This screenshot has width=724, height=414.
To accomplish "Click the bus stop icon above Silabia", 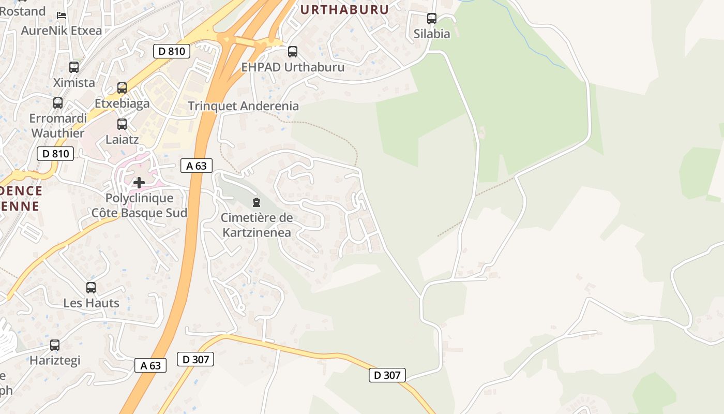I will (x=432, y=19).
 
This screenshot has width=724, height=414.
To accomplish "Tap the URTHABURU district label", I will (x=344, y=9).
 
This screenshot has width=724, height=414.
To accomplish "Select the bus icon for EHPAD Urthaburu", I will (x=293, y=52).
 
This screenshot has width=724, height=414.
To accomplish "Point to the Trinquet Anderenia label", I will (x=243, y=106).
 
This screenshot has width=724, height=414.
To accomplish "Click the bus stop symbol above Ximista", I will (x=74, y=67).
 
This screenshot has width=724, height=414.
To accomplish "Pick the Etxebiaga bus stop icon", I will (x=122, y=88).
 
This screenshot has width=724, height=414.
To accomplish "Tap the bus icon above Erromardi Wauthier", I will (x=58, y=103).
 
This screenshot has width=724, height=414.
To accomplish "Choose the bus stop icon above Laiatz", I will (x=122, y=124).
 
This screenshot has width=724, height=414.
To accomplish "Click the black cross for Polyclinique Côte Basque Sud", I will (x=139, y=183).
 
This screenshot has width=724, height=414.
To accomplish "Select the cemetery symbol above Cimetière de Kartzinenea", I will (x=257, y=202).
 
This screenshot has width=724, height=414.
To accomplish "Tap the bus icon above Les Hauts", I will (x=91, y=288).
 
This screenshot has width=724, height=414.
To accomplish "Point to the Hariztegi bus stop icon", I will (x=55, y=345).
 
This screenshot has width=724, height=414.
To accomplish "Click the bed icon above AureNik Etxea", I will (x=62, y=15).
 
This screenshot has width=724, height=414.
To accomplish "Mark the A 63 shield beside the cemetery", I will (x=197, y=166).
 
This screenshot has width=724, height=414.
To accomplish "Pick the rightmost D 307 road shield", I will (x=387, y=375).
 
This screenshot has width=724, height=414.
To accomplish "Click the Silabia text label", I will (x=432, y=34).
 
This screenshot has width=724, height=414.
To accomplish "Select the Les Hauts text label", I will (x=91, y=303).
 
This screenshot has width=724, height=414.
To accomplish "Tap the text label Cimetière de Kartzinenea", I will (x=257, y=225).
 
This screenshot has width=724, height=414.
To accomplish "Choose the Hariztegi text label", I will (x=55, y=360).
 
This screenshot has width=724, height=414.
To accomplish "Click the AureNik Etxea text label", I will (x=62, y=31).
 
